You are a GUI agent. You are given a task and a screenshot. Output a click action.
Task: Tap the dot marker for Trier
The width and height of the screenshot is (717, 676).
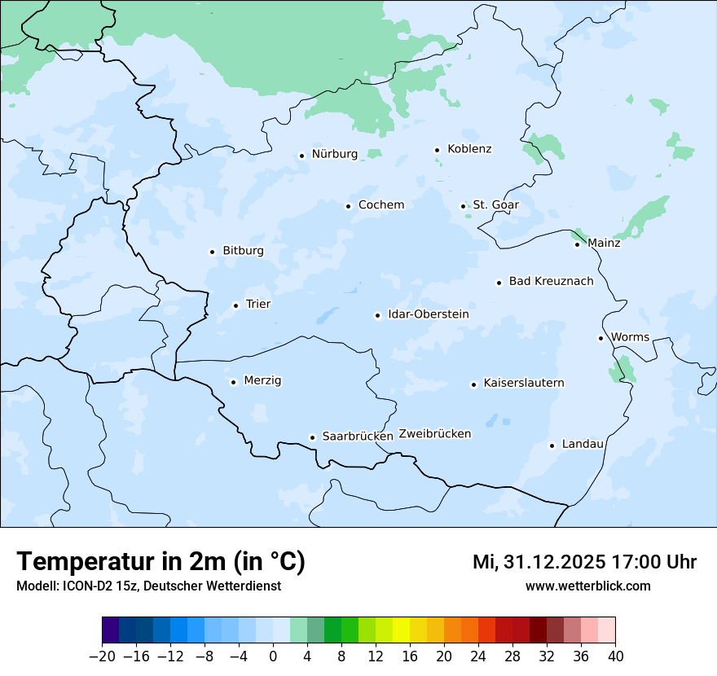(x=235, y=305)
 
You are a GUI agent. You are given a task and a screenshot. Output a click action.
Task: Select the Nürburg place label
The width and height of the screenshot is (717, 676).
(x=334, y=154)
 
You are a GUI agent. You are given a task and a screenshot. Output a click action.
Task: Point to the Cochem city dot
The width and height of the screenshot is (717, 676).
(x=348, y=206)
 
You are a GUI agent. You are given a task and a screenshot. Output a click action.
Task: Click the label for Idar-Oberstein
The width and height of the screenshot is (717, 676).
(x=429, y=314)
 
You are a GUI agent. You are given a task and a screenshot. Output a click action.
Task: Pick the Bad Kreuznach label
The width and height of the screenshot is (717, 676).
(x=551, y=281)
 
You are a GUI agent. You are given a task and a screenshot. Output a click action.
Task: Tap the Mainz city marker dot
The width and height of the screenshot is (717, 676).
(x=577, y=244)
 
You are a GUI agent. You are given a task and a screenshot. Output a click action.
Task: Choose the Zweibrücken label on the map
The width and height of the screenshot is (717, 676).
(x=434, y=434)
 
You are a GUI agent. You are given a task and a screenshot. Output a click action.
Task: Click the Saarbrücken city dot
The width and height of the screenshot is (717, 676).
(x=312, y=437)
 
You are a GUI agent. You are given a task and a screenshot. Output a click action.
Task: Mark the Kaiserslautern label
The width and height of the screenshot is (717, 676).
(x=523, y=383)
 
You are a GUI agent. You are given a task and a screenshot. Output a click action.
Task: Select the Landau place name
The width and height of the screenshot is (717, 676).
(x=583, y=444)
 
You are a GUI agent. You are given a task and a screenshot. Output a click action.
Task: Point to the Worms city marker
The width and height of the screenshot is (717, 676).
(x=600, y=338)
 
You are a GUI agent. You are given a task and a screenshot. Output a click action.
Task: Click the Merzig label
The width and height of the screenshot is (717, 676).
(x=262, y=380)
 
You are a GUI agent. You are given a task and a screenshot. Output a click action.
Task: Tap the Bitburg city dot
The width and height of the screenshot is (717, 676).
(x=212, y=252)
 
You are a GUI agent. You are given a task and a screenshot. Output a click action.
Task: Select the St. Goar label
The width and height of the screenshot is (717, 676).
(x=495, y=205)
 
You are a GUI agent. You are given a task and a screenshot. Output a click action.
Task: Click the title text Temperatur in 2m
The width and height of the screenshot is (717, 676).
(x=161, y=561)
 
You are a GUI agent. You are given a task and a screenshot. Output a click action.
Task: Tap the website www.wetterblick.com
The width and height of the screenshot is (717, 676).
(x=587, y=586)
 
